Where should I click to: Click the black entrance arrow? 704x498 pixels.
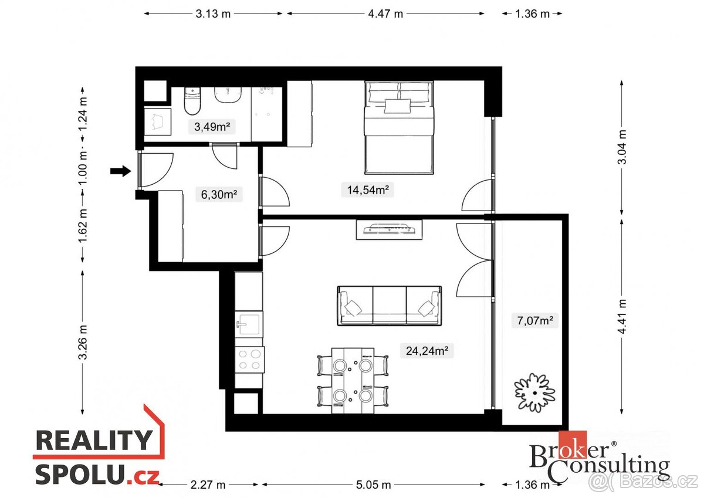pyautogui.click(x=120, y=171)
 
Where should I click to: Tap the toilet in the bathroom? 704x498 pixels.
pyautogui.click(x=192, y=101)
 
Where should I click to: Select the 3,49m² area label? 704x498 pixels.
pyautogui.click(x=212, y=126)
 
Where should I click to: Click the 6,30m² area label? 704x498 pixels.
pyautogui.click(x=219, y=194)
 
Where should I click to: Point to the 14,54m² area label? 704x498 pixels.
pyautogui.click(x=367, y=189)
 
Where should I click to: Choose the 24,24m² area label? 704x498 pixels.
pyautogui.click(x=427, y=351)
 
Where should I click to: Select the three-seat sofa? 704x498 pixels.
pyautogui.click(x=389, y=306)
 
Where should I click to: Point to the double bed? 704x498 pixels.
pyautogui.click(x=399, y=127)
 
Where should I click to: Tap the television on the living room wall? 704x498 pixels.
pyautogui.click(x=389, y=229)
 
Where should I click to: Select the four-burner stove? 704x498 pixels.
pyautogui.click(x=249, y=359)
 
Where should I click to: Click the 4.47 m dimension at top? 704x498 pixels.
pyautogui.click(x=385, y=14)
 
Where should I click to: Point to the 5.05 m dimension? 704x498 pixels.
pyautogui.click(x=373, y=485)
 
